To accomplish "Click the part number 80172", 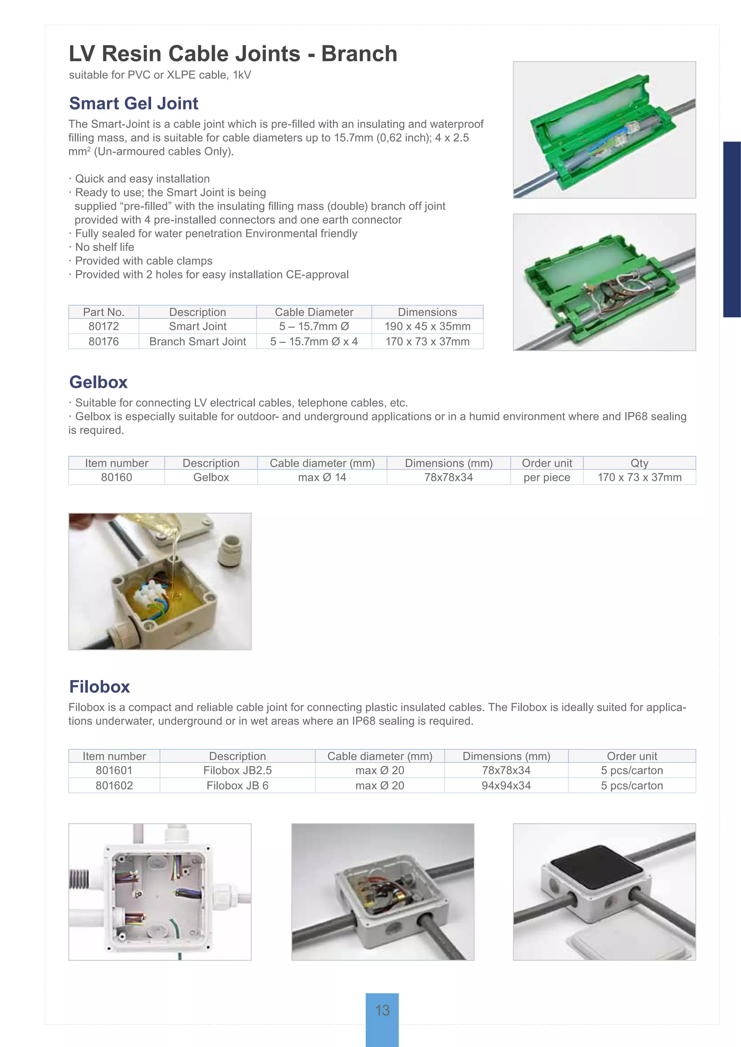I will click(x=103, y=326).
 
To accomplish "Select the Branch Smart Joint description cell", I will click(x=198, y=342).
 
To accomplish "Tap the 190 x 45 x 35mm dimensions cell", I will click(x=427, y=326).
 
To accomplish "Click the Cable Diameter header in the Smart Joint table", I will click(x=314, y=312).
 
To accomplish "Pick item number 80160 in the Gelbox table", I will click(x=117, y=478).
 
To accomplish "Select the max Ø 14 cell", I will click(x=322, y=478).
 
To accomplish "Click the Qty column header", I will click(x=639, y=463).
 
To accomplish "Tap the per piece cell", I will click(x=547, y=478).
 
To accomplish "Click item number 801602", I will click(x=114, y=786).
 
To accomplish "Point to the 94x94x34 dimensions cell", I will click(x=506, y=786).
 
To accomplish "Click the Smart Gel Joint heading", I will click(x=134, y=103).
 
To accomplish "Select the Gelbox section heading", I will click(x=98, y=382).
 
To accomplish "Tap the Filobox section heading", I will click(x=99, y=687).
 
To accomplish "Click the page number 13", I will click(x=382, y=1010).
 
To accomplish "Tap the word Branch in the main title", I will click(x=359, y=54).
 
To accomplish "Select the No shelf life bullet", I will click(x=105, y=247).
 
